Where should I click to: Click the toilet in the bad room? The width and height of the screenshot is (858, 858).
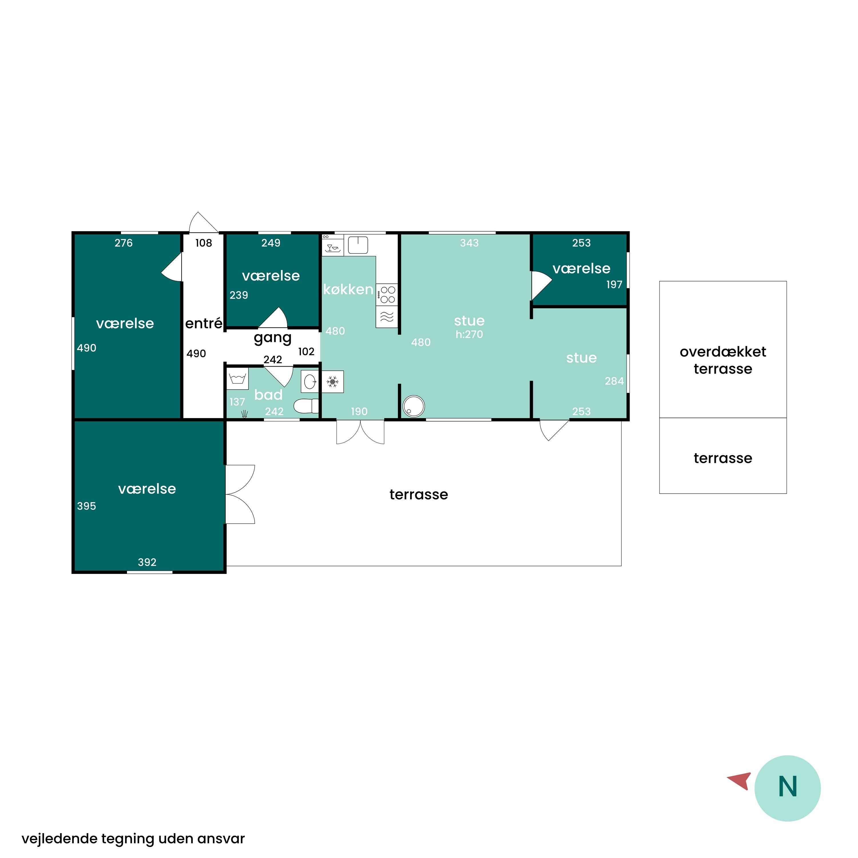click(306, 406)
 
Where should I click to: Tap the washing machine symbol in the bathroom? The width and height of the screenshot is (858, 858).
click(238, 379)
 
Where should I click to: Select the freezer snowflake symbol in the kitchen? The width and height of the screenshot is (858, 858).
click(333, 382)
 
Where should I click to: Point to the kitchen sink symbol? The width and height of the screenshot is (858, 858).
click(358, 245)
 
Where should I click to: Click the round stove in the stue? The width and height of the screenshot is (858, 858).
click(414, 406)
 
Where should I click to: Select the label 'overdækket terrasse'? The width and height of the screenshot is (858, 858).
click(723, 360)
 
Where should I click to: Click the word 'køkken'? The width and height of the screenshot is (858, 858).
click(348, 289)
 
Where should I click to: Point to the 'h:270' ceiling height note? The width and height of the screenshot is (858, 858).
click(469, 334)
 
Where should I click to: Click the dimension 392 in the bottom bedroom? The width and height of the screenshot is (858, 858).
click(147, 562)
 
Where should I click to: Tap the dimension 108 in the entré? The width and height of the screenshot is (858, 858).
click(204, 243)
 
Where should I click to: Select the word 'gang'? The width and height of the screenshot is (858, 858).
click(273, 338)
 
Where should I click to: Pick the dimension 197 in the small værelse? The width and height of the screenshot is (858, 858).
click(614, 284)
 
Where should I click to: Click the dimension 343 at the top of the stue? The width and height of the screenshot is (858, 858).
click(469, 243)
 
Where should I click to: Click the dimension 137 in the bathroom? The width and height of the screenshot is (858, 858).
click(237, 402)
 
